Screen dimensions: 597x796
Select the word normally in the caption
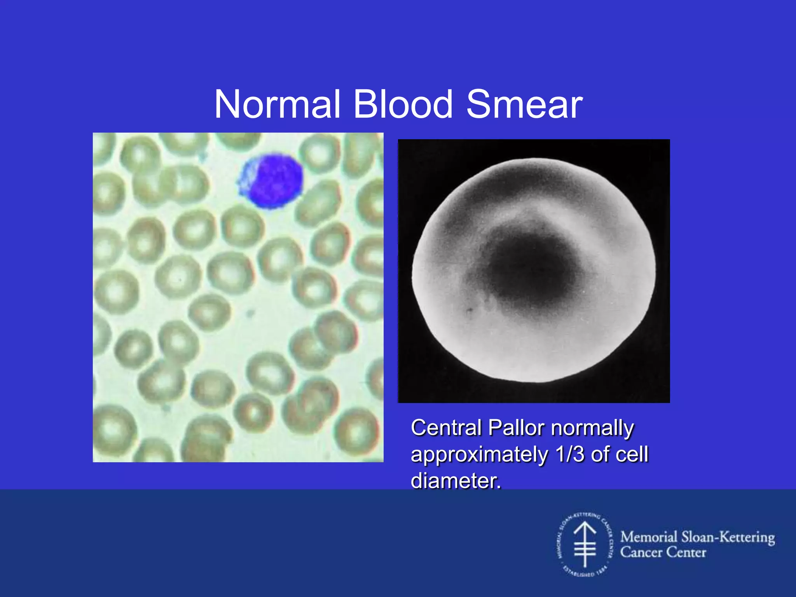592,429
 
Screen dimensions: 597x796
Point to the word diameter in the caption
456,480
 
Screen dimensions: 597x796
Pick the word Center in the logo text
686,552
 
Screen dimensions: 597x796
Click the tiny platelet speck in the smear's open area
251,312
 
